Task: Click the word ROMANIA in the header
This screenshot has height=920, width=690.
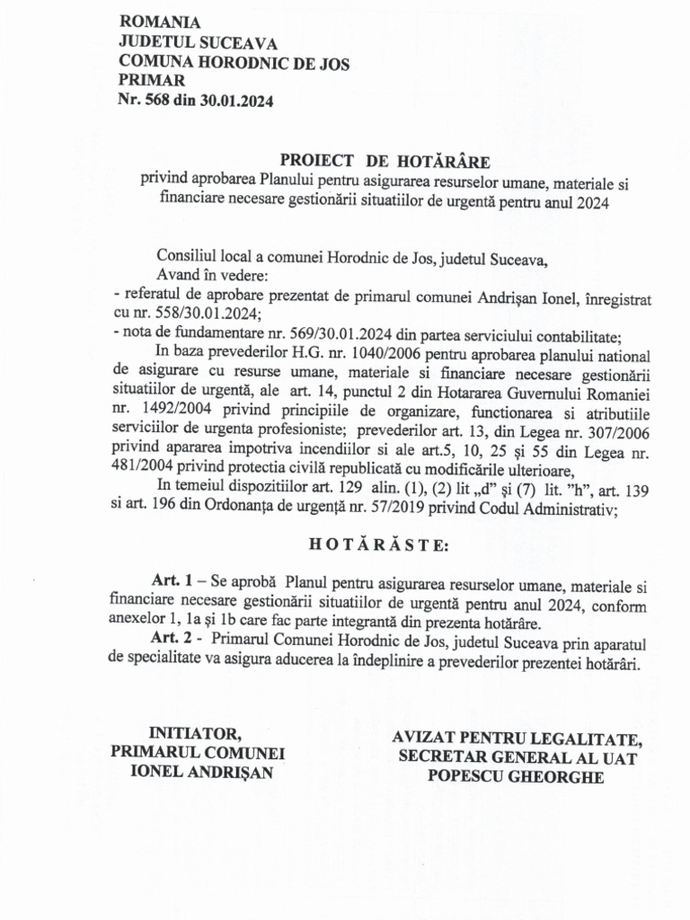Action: pos(160,22)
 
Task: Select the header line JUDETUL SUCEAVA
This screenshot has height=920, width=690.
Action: pos(198,42)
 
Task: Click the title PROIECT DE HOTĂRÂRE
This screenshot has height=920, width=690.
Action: pos(385,162)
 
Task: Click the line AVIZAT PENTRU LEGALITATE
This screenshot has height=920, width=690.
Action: pos(517,739)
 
